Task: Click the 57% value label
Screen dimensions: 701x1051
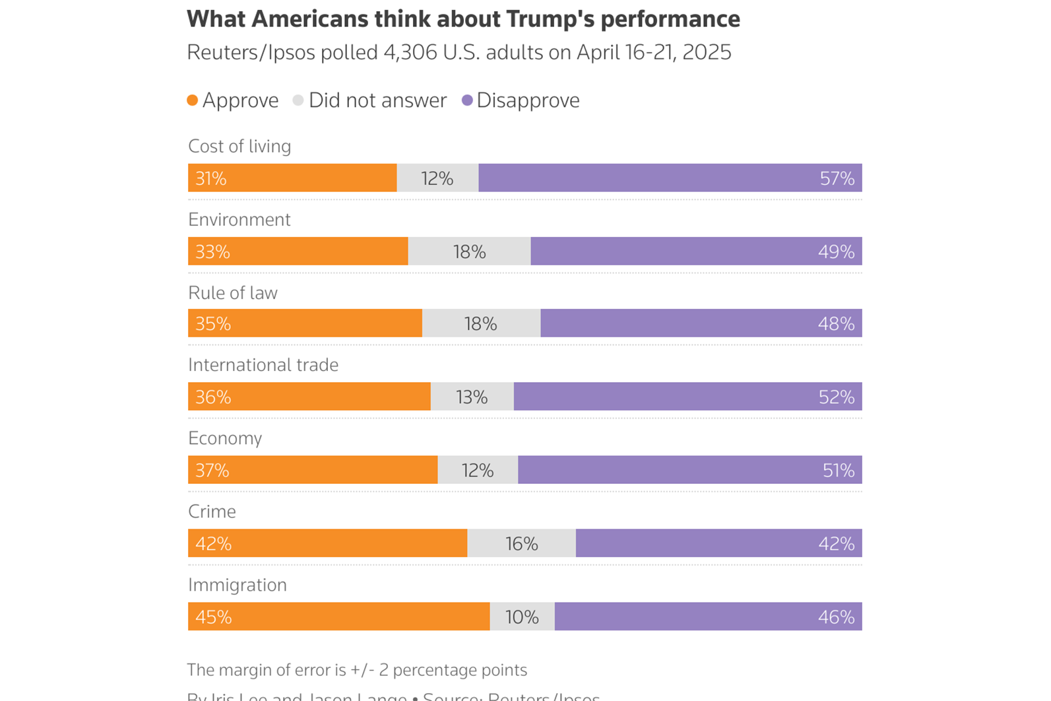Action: pyautogui.click(x=837, y=178)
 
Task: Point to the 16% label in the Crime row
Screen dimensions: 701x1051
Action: pyautogui.click(x=521, y=544)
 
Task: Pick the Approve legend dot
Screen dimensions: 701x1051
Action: pyautogui.click(x=193, y=100)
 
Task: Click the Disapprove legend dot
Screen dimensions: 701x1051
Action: pyautogui.click(x=467, y=100)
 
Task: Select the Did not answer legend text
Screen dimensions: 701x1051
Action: pyautogui.click(x=377, y=100)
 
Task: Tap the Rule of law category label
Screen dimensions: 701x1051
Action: pyautogui.click(x=233, y=293)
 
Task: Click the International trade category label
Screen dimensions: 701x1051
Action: pyautogui.click(x=263, y=365)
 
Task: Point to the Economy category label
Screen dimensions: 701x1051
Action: pyautogui.click(x=225, y=438)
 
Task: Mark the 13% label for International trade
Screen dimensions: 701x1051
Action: pyautogui.click(x=472, y=397)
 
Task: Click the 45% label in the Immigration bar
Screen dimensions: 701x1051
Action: pyautogui.click(x=213, y=617)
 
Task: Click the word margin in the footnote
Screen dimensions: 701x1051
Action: pyautogui.click(x=247, y=670)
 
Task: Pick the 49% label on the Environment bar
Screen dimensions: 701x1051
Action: pyautogui.click(x=836, y=251)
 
